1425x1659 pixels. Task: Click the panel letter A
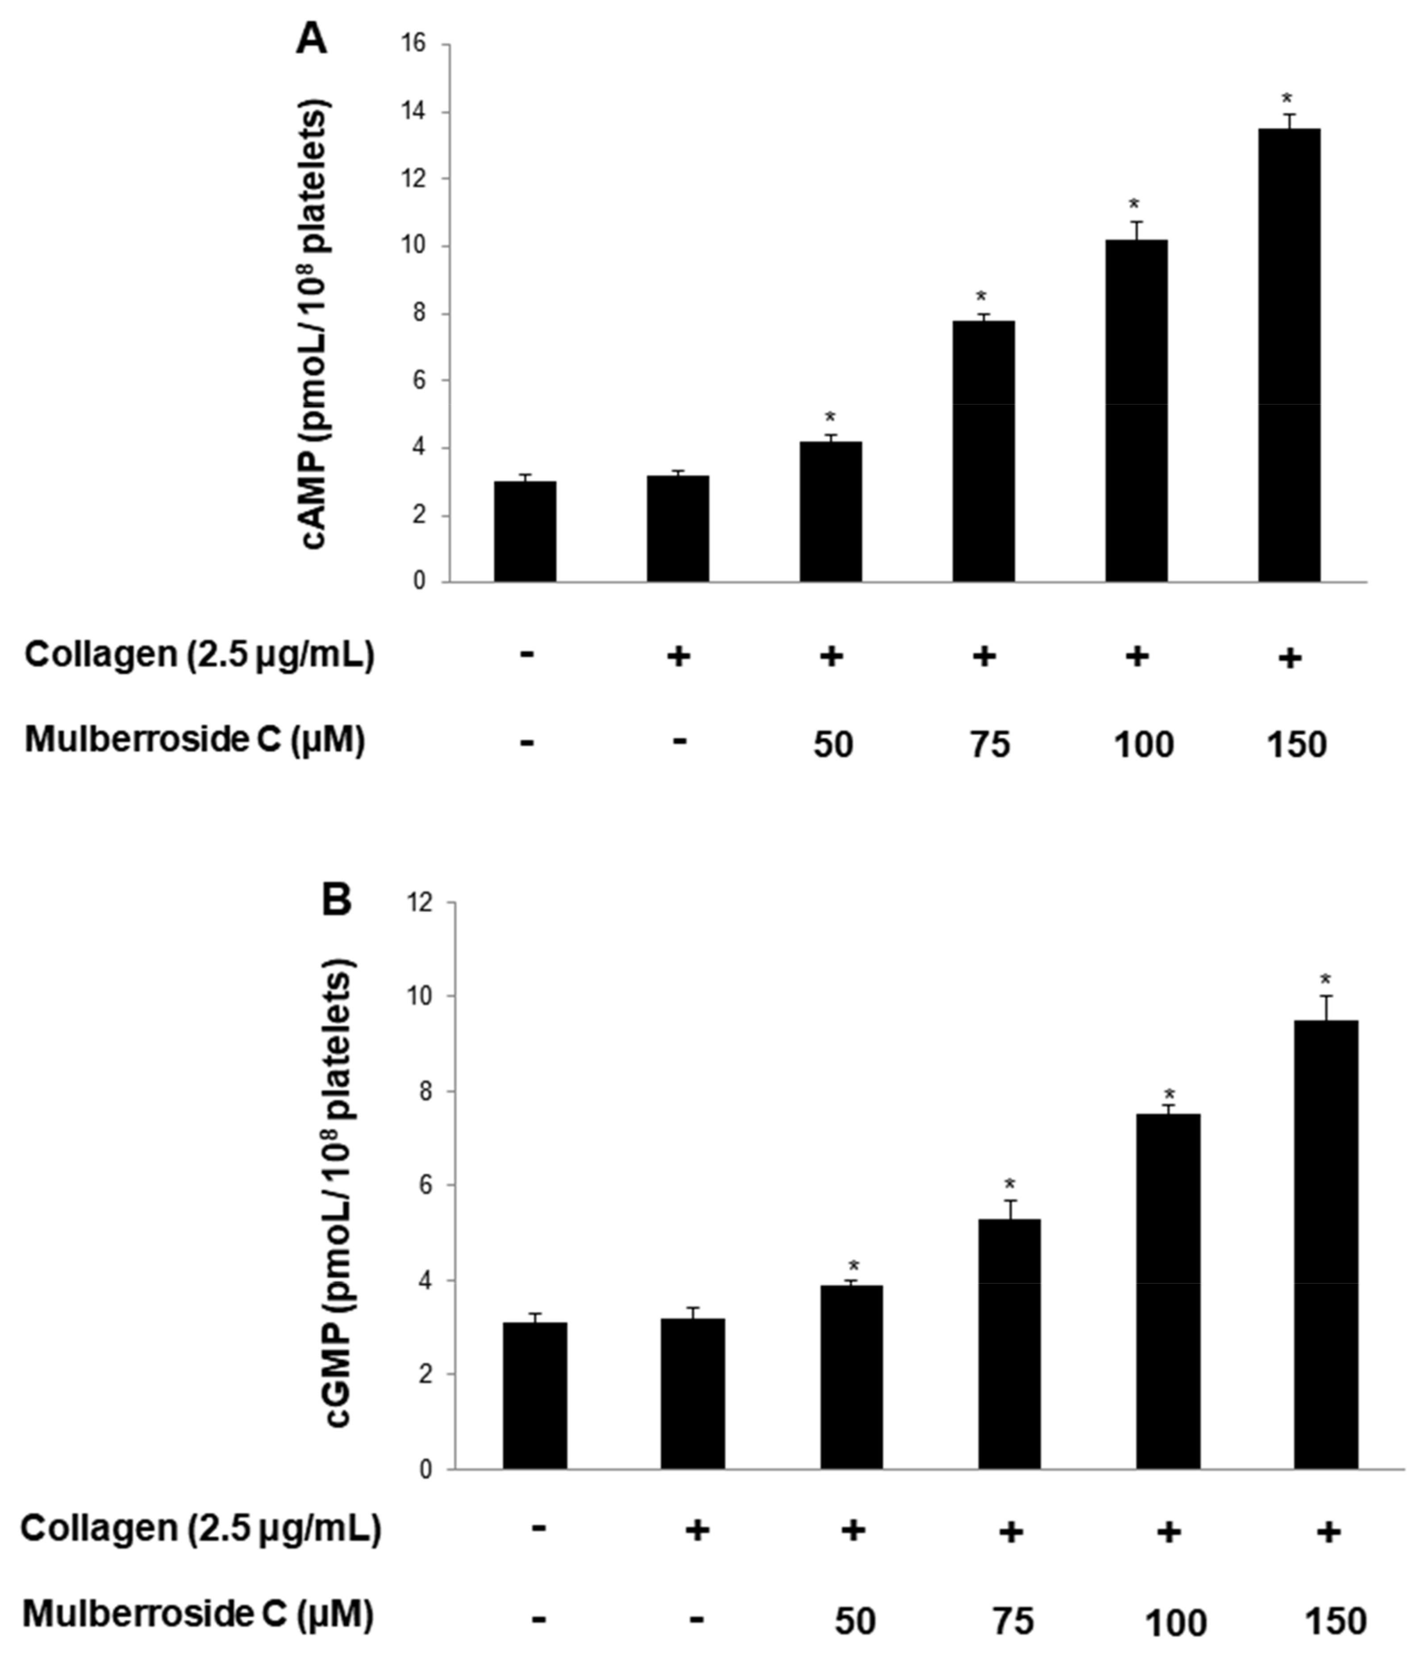(312, 38)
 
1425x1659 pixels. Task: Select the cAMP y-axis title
(316, 324)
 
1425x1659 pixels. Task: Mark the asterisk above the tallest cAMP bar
(1287, 99)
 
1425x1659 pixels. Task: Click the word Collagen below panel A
(100, 655)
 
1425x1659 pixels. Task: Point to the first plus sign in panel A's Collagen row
(678, 657)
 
